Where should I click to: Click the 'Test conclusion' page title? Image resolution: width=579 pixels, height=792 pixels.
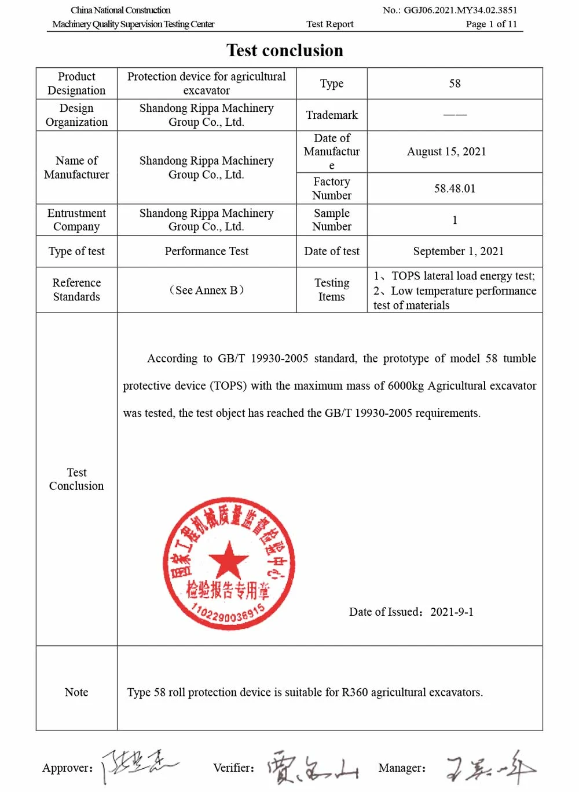pyautogui.click(x=284, y=50)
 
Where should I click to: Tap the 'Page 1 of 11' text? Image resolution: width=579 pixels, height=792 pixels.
pyautogui.click(x=491, y=24)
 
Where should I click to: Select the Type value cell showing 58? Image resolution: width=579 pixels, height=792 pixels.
pyautogui.click(x=455, y=83)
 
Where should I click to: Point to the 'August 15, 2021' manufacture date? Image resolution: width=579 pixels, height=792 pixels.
pyautogui.click(x=446, y=151)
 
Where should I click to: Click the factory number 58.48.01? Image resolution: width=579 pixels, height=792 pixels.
pyautogui.click(x=455, y=188)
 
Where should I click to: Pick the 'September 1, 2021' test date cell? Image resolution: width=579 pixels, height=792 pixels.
pyautogui.click(x=458, y=251)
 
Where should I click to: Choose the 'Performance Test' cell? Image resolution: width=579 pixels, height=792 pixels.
pyautogui.click(x=206, y=251)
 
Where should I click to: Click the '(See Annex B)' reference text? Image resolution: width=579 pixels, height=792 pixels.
pyautogui.click(x=206, y=290)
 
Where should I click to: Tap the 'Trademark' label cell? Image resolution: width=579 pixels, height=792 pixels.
pyautogui.click(x=332, y=115)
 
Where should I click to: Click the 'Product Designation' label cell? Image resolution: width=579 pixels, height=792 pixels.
pyautogui.click(x=76, y=83)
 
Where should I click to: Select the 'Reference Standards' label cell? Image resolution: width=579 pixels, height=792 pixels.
pyautogui.click(x=76, y=290)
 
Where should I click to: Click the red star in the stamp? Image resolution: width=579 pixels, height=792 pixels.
pyautogui.click(x=228, y=560)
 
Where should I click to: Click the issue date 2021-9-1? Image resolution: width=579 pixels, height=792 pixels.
pyautogui.click(x=452, y=612)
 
